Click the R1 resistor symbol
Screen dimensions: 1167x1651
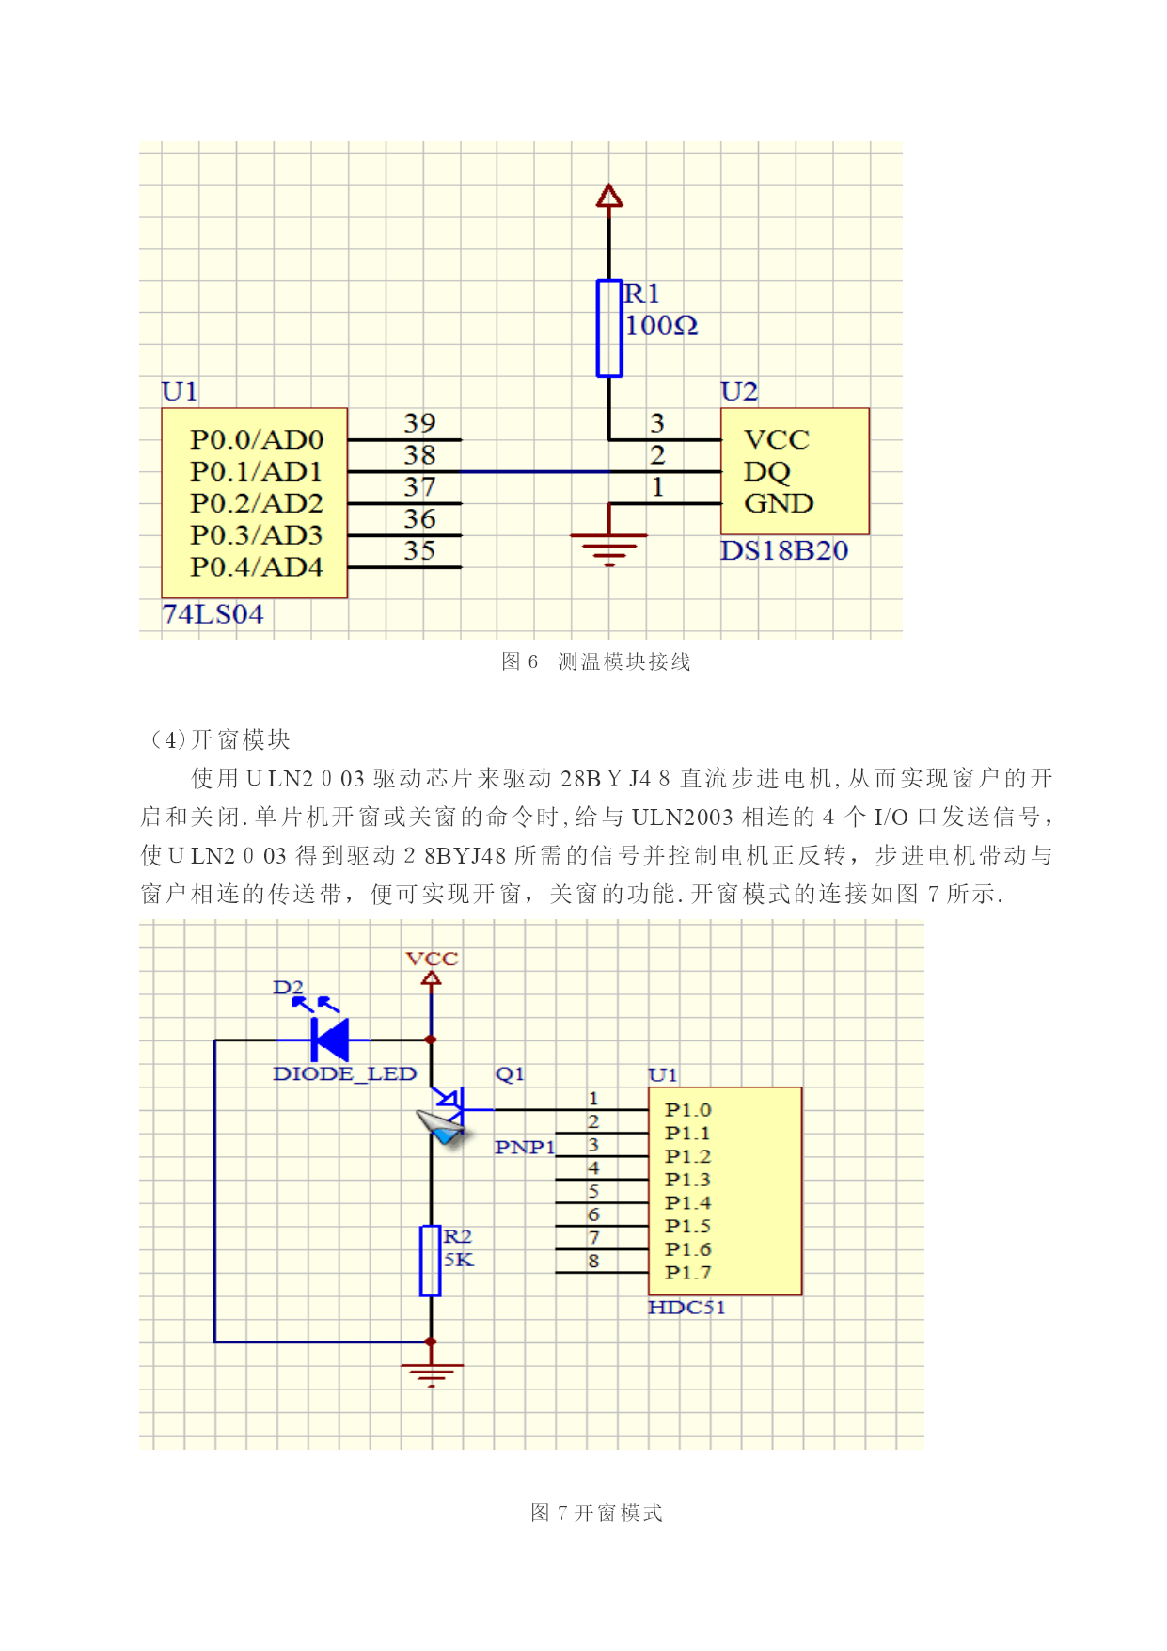[x=609, y=328]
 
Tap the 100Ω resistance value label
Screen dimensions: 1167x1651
[x=662, y=325]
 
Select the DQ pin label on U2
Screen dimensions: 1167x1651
[x=767, y=472]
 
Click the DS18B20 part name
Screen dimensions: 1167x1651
[x=784, y=550]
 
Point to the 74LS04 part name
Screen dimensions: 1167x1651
[x=213, y=614]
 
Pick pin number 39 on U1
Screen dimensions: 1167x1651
[x=419, y=423]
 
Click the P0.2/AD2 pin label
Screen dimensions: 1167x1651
[x=257, y=503]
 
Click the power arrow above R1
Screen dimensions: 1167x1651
[x=609, y=197]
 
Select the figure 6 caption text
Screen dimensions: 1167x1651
[x=596, y=661]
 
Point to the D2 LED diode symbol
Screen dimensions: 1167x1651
[x=330, y=1040]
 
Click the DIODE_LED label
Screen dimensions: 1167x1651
[x=344, y=1073]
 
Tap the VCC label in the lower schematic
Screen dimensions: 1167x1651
[x=432, y=959]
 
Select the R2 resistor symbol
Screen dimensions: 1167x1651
[x=431, y=1261]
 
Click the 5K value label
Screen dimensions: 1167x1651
[x=459, y=1260]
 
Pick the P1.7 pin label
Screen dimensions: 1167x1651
[x=687, y=1273]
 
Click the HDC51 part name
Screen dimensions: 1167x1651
[x=686, y=1308]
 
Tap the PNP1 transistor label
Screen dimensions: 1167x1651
[x=525, y=1147]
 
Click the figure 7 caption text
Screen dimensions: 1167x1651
[x=596, y=1513]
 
